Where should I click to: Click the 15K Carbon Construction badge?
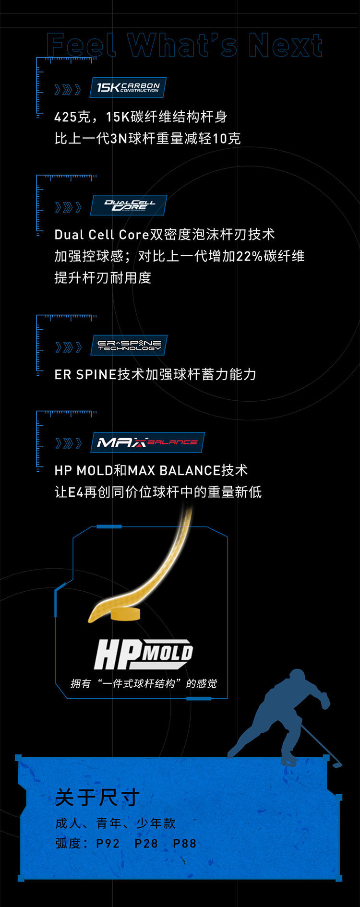coord(128,88)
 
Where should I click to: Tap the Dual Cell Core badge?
coord(129,205)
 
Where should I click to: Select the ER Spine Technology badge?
coord(129,346)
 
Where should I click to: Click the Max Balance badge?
coord(147,442)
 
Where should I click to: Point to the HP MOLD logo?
coord(143,654)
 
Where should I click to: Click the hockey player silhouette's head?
coord(297,678)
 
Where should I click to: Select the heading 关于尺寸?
coord(97,798)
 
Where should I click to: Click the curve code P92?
coord(108,844)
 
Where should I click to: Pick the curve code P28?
coord(146,844)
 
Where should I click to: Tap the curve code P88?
coord(184,844)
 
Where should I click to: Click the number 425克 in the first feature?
coord(72,117)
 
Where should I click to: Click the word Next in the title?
coord(285,46)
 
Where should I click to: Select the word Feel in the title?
coord(82,46)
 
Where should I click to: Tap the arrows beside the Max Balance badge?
coord(68,443)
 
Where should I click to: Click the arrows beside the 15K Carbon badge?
coord(68,90)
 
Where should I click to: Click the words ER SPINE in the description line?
coord(85,374)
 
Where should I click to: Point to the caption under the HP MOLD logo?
coord(144,683)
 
